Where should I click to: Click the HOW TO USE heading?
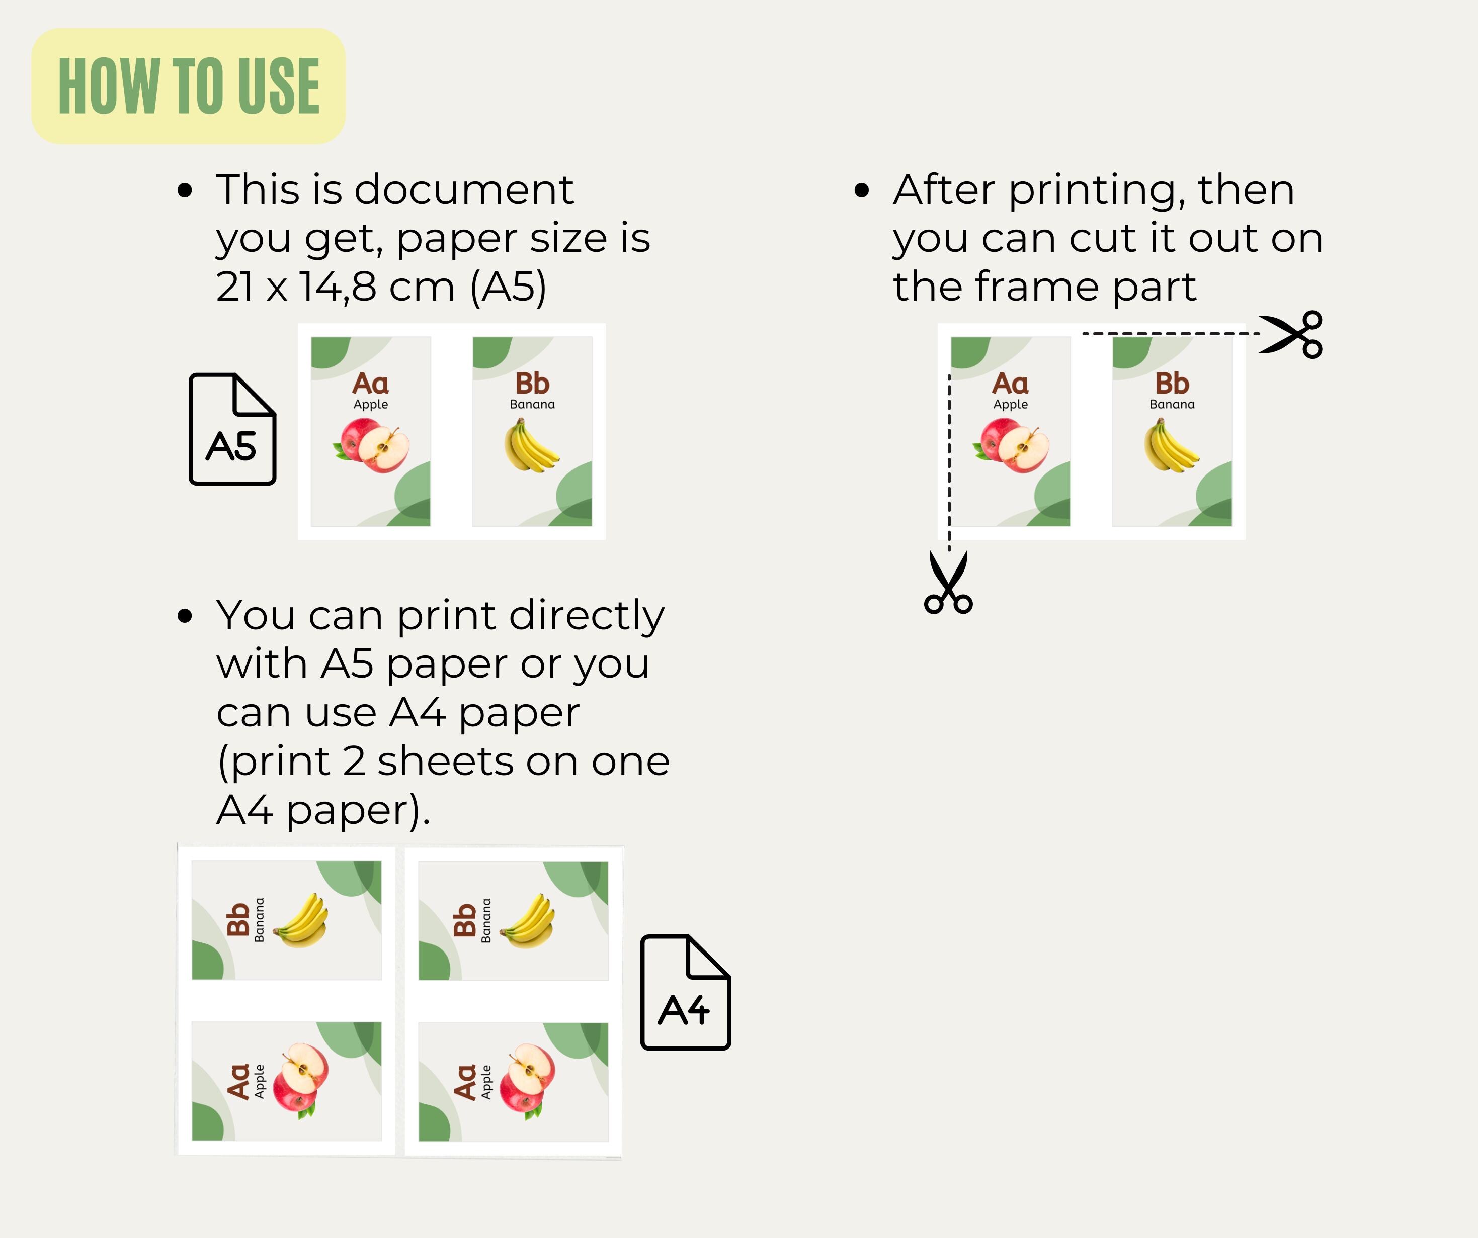(189, 86)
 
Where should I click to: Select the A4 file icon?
(686, 992)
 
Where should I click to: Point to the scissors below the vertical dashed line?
(949, 583)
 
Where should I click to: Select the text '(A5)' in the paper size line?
(508, 287)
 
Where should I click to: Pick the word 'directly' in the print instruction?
(587, 617)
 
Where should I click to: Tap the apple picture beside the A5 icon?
(371, 445)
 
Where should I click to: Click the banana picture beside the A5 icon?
(531, 444)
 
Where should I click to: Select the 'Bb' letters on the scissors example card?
(1172, 384)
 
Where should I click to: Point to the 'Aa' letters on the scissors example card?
(1010, 384)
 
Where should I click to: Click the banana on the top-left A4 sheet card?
(300, 921)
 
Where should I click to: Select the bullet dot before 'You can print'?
(185, 616)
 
